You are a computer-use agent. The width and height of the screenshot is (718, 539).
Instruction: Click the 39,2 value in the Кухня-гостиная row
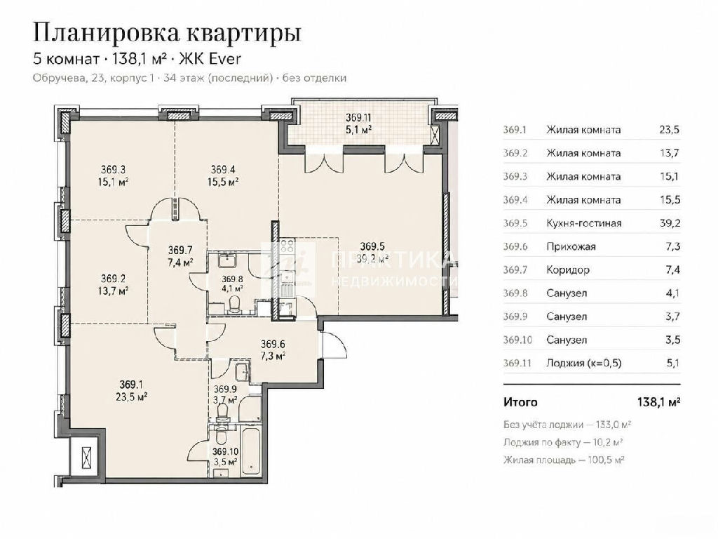point(670,223)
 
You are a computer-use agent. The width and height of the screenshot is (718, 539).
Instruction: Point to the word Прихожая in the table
point(571,247)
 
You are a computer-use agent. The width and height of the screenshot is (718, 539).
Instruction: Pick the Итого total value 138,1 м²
point(658,402)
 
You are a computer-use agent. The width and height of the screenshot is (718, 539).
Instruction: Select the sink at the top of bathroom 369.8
point(227,261)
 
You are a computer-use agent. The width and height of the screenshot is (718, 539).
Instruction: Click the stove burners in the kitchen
point(287,246)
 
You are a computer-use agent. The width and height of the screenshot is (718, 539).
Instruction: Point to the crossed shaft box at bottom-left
point(86,457)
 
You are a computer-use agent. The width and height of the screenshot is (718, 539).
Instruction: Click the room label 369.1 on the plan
point(131,384)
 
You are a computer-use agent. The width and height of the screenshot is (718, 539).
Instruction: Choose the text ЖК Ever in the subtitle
point(210,59)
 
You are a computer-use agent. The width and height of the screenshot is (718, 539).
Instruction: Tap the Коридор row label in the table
point(568,270)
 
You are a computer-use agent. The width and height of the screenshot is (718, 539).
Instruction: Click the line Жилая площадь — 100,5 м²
point(564,460)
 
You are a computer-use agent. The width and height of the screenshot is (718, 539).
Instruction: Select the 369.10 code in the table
point(517,340)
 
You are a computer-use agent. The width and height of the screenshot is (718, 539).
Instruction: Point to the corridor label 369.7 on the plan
point(179,251)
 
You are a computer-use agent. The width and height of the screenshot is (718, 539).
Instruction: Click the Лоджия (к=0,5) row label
point(584,364)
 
